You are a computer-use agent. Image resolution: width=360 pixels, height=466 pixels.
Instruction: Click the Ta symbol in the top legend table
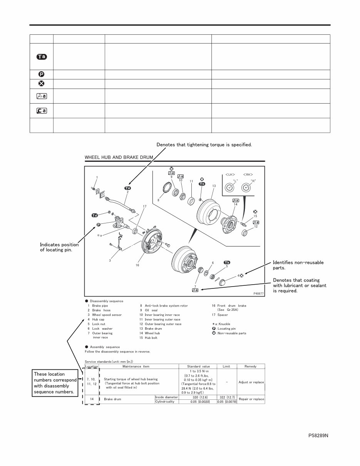point(41,57)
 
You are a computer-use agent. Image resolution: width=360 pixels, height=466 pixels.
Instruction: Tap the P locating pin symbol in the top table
point(41,74)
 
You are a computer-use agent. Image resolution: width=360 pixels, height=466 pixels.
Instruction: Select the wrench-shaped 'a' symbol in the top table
point(41,111)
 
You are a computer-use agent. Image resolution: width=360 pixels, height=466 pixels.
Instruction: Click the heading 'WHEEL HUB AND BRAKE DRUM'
point(119,157)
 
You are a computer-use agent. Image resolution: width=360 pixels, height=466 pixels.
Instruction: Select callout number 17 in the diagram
point(145,206)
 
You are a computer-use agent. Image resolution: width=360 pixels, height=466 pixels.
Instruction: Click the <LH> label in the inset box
point(230,174)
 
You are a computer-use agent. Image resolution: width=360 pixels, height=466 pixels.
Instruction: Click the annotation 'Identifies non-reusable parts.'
point(298,265)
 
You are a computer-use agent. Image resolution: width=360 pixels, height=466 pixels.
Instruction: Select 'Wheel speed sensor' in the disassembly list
point(107,315)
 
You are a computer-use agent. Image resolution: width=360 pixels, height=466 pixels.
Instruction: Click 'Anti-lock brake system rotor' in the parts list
point(166,305)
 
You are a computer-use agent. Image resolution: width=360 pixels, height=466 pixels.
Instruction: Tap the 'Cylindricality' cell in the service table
point(165,401)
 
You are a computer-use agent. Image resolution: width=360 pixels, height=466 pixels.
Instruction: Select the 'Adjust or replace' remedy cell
point(251,382)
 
